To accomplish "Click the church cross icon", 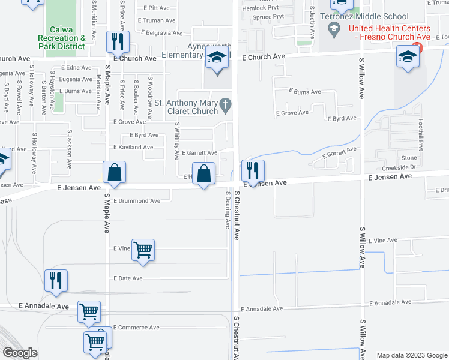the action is (x=225, y=106).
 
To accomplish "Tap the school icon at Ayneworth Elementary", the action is (x=216, y=59).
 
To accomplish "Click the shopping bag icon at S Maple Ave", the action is (x=113, y=173).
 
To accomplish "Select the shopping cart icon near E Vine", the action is (x=143, y=249).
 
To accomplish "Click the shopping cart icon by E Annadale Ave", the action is (x=89, y=311).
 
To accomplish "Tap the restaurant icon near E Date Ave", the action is (x=56, y=280).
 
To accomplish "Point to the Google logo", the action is (x=20, y=353).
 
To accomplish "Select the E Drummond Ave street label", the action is (x=137, y=201).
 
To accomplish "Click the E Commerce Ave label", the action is (x=136, y=328).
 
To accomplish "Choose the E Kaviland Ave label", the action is (x=133, y=147).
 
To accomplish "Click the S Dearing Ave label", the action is (x=228, y=209).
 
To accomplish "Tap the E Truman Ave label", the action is (x=155, y=20).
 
